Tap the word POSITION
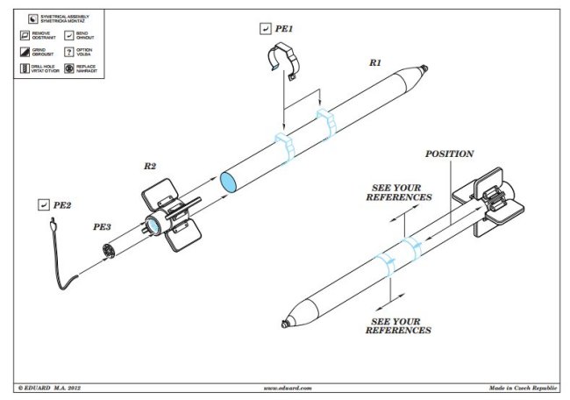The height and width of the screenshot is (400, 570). click(x=449, y=154)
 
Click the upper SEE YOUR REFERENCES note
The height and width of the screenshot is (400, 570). click(x=398, y=193)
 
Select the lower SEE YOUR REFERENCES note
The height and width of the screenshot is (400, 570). click(x=398, y=325)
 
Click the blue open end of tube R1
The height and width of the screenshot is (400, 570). click(x=227, y=182)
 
